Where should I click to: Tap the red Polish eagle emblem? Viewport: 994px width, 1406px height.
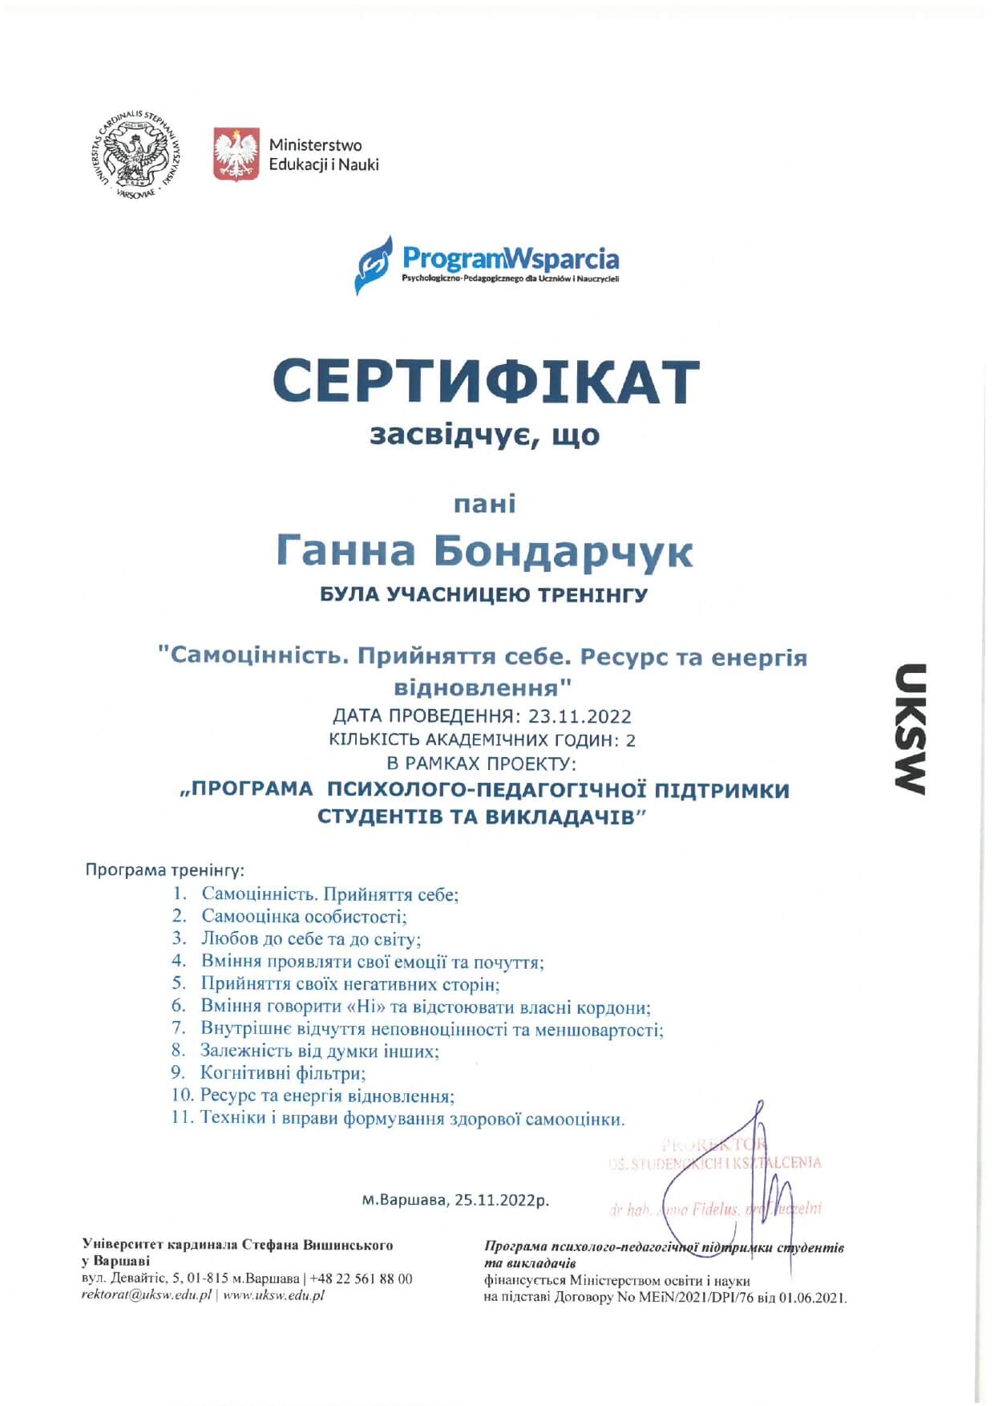[236, 154]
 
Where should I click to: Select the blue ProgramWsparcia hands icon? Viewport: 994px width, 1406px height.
[374, 264]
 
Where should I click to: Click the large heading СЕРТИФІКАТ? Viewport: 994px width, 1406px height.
[486, 382]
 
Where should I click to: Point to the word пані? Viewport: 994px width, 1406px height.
[485, 504]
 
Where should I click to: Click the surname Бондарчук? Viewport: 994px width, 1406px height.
[564, 552]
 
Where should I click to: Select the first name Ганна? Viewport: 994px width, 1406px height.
[346, 552]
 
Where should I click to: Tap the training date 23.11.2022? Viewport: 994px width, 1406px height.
[586, 716]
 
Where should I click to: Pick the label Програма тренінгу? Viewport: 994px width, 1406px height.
[165, 870]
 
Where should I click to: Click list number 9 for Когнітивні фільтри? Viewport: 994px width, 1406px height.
[178, 1073]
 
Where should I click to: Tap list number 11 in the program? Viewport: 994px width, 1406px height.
[182, 1118]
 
